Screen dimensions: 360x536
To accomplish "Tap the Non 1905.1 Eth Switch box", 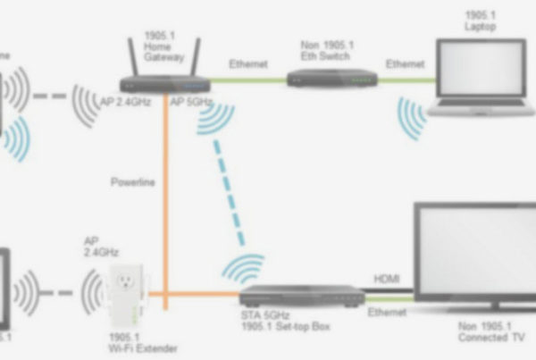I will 331,79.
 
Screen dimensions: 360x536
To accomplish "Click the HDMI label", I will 388,280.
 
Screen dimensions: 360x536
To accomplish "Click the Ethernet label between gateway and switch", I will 247,64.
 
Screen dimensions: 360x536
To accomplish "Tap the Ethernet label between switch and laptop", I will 404,64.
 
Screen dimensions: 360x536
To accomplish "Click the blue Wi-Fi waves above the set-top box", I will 243,268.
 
